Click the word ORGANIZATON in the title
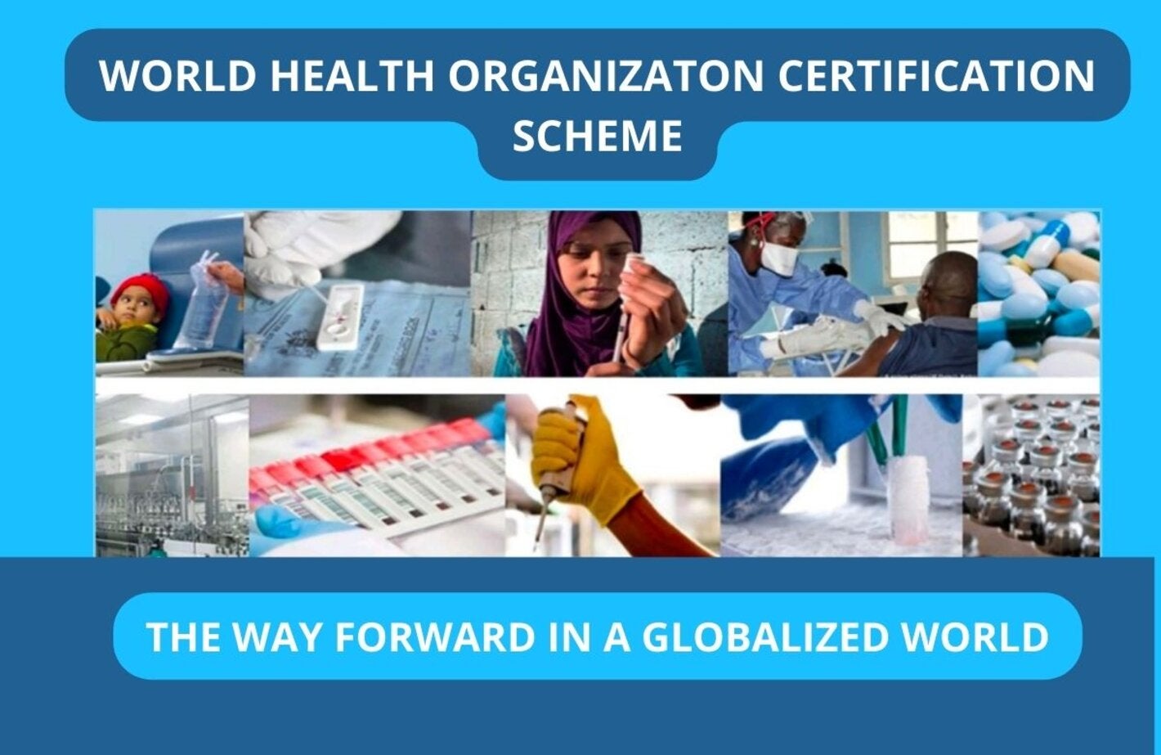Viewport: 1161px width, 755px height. [605, 75]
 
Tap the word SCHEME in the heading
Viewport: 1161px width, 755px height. [597, 136]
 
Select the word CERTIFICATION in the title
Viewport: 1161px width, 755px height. [936, 75]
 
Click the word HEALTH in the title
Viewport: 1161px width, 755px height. [352, 75]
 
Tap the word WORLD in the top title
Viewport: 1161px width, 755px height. [177, 75]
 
